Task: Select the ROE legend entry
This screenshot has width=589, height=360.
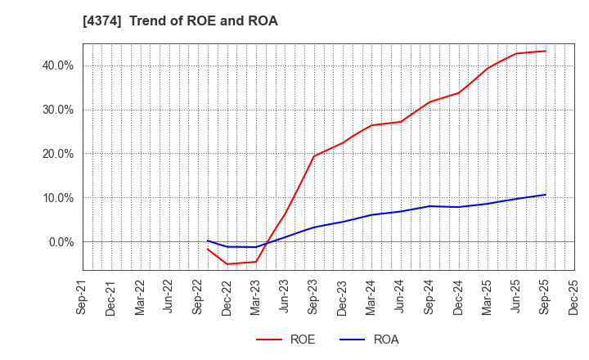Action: (x=286, y=340)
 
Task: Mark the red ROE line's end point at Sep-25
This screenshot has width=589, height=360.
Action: (x=545, y=51)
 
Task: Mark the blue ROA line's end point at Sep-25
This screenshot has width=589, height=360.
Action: (x=545, y=195)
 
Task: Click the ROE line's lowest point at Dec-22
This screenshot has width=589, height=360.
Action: (x=227, y=263)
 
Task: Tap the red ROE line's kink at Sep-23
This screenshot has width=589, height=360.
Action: (x=313, y=156)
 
